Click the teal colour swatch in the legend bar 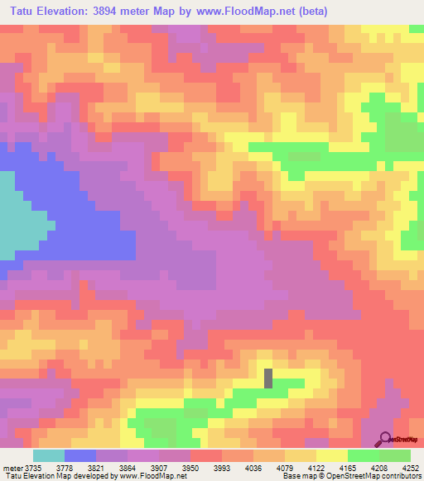coord(49,455)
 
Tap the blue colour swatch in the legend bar coord(80,455)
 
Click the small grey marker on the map coord(268,378)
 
